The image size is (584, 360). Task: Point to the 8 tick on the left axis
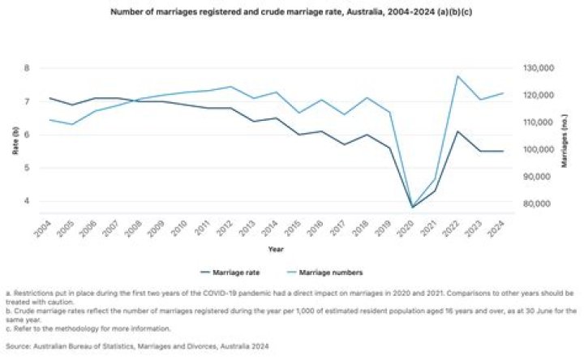pyautogui.click(x=27, y=68)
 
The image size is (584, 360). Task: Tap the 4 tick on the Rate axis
pyautogui.click(x=27, y=201)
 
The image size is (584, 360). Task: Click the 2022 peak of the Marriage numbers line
pyautogui.click(x=458, y=76)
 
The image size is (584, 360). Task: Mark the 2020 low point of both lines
pyautogui.click(x=412, y=207)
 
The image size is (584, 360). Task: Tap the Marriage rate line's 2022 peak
pyautogui.click(x=458, y=131)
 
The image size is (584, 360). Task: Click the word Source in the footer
pyautogui.click(x=18, y=346)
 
